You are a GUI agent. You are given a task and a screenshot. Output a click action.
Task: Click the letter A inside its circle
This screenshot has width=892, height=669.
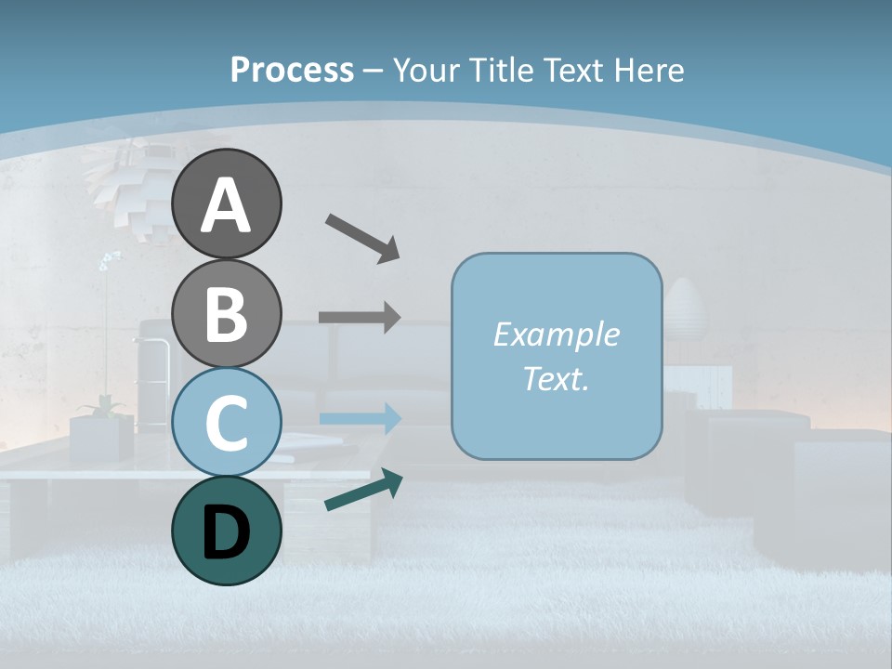click(227, 206)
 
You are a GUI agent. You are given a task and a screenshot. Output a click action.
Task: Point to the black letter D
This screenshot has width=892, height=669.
click(227, 533)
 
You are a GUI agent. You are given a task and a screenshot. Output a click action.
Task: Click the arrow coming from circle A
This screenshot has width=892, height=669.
click(362, 237)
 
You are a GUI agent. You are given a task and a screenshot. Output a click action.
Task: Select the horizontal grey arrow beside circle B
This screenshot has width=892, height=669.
click(360, 317)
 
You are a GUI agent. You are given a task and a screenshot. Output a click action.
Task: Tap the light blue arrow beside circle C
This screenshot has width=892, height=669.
click(360, 419)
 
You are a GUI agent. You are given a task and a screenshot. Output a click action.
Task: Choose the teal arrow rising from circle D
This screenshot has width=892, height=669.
click(363, 490)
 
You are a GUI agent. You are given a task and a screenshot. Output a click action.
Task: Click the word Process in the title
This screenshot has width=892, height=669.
click(292, 70)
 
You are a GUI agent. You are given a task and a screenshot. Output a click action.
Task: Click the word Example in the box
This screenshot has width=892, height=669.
click(556, 334)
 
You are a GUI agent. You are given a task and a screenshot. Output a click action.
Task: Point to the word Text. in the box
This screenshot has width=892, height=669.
click(556, 378)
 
